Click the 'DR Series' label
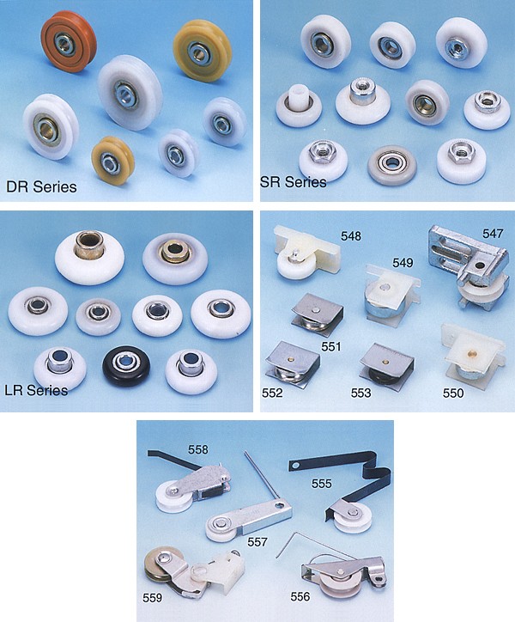41,186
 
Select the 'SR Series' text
294,182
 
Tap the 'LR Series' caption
36,390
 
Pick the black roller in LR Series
125,365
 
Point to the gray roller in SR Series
391,165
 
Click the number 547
493,234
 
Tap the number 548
351,236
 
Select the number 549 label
403,263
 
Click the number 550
453,393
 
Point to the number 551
331,347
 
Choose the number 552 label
272,393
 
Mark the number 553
360,393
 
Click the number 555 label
322,484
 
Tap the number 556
300,596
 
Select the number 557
257,542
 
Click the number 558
198,449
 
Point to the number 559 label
152,598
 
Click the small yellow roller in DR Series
112,161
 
